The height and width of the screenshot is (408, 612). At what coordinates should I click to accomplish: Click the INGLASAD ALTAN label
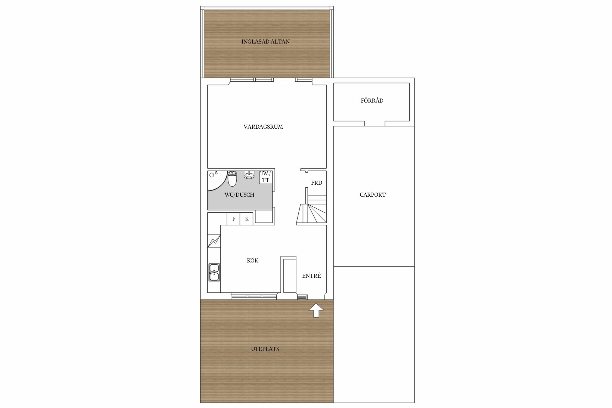click(x=265, y=42)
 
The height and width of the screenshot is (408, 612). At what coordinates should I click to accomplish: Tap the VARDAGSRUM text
click(x=263, y=127)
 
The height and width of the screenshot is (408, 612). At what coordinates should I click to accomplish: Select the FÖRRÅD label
click(x=372, y=100)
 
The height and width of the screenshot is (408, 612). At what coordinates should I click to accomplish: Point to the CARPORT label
click(x=373, y=195)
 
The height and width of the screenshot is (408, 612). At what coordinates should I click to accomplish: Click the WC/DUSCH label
click(x=239, y=195)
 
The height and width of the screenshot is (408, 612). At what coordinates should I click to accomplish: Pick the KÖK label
click(x=252, y=260)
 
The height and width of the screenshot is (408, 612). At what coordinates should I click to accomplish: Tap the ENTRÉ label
click(x=311, y=276)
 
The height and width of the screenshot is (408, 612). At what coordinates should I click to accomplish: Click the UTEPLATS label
click(x=265, y=349)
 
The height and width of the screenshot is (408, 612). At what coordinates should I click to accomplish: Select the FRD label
click(x=317, y=183)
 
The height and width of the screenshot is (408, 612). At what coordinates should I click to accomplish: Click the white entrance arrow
click(x=316, y=310)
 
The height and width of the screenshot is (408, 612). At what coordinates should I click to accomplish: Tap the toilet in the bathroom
click(x=232, y=179)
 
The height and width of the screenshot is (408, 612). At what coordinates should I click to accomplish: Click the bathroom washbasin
click(x=249, y=175)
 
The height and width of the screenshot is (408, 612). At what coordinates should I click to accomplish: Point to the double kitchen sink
click(x=214, y=272)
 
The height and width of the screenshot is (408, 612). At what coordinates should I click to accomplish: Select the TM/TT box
click(x=266, y=177)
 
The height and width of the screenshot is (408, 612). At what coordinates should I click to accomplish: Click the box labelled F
click(x=233, y=219)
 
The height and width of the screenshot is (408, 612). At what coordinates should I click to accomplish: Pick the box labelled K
click(x=246, y=219)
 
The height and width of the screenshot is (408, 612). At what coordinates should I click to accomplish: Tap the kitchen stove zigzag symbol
click(x=214, y=241)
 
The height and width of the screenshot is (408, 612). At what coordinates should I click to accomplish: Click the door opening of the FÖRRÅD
click(x=375, y=123)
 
